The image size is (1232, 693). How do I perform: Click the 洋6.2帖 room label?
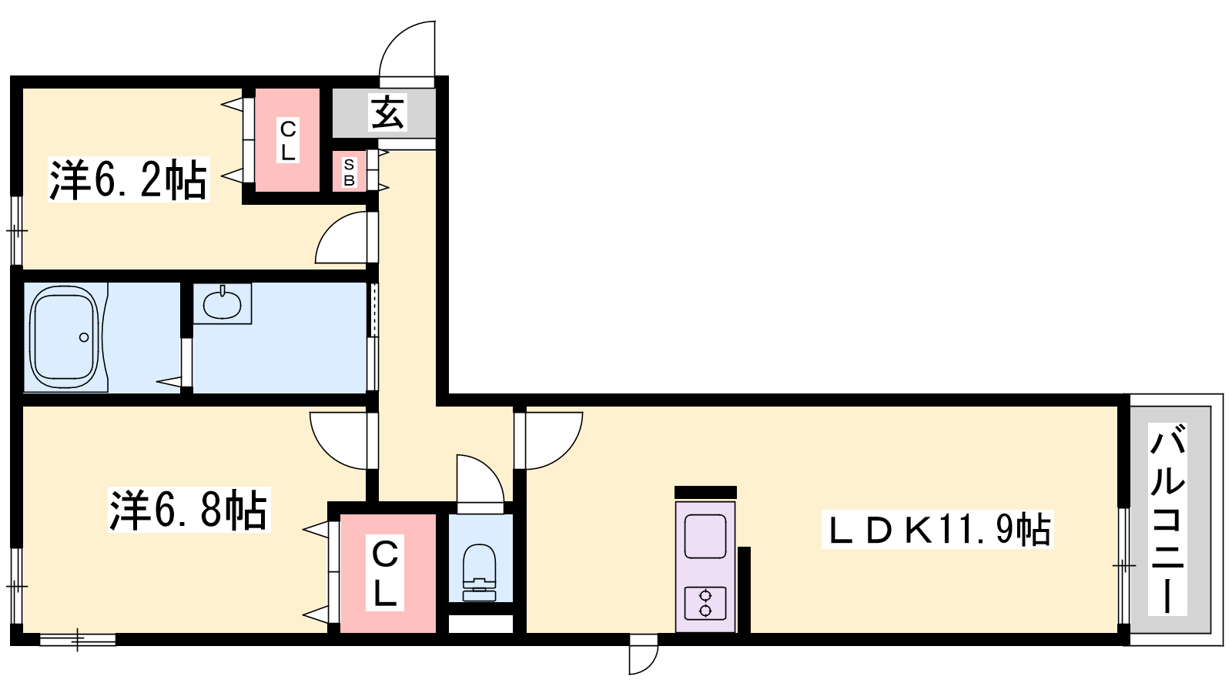(129, 179)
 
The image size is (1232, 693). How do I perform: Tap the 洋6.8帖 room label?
(189, 509)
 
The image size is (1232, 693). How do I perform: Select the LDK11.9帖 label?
(937, 530)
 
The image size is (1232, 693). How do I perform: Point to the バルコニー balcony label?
(1167, 519)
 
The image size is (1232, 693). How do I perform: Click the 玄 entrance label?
(388, 112)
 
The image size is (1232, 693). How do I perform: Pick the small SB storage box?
(350, 172)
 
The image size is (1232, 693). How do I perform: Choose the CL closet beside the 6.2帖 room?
(288, 139)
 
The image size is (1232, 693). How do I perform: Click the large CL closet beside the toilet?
(388, 573)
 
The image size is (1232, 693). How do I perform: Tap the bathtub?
(65, 336)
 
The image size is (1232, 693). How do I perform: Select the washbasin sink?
(223, 303)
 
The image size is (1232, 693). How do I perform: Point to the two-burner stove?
(705, 604)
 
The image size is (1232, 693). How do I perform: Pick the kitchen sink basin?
(705, 536)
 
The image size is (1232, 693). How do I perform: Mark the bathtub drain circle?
(84, 337)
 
